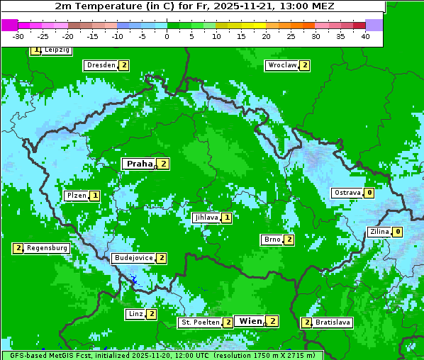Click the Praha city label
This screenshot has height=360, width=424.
coord(139,164)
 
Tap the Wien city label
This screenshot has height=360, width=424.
coord(250,321)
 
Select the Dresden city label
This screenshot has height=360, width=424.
coord(100,65)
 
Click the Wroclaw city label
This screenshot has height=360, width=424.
coord(281,65)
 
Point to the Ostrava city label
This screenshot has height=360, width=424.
coord(347,193)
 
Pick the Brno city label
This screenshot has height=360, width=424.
coord(272,240)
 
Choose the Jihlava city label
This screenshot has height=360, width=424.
coord(206,218)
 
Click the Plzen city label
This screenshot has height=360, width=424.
coord(76,195)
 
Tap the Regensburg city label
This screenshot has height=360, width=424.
coord(48,248)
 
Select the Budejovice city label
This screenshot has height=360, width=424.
coord(133,258)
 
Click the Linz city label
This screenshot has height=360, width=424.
coord(135,314)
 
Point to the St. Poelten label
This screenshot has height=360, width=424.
coord(200,322)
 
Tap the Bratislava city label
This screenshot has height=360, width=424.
coord(333,322)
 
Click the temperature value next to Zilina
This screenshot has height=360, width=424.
coord(398,232)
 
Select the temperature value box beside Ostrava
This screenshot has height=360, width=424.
coord(369,193)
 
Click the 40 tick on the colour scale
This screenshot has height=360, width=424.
coord(365,36)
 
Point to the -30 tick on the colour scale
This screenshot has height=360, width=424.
coord(18,36)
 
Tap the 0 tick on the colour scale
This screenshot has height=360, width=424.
coord(167,36)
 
